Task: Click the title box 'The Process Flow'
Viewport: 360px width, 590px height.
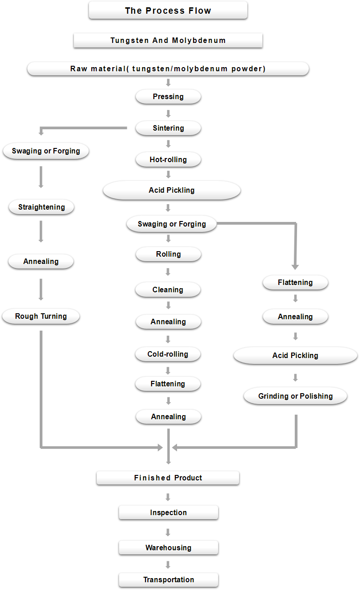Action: coord(168,10)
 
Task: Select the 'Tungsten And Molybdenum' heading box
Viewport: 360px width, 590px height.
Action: coord(168,40)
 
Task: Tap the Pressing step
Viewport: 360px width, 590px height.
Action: coord(168,96)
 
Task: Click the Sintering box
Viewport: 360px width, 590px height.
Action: coord(168,128)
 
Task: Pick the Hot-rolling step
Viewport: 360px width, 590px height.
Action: coord(168,159)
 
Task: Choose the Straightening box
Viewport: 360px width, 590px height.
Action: coord(42,207)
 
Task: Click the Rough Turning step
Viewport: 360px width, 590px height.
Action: coord(41,316)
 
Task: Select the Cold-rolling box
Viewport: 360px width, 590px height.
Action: coord(168,354)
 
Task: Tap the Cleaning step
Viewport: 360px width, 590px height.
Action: coord(168,290)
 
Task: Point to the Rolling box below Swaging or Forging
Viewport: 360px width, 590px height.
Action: coord(168,254)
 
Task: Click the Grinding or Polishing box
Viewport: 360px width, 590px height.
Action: coord(295,396)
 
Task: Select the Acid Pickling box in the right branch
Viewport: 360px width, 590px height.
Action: coord(295,355)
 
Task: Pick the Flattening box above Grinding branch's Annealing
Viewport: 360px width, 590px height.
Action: coord(295,282)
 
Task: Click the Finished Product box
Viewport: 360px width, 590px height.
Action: coord(168,478)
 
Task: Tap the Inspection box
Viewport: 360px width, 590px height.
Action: coord(168,512)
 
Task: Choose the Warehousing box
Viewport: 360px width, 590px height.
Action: coord(168,548)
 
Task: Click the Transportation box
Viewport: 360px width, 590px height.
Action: coord(168,580)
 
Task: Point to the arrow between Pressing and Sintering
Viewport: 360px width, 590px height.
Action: coord(168,114)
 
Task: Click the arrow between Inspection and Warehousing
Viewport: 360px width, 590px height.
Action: coord(168,532)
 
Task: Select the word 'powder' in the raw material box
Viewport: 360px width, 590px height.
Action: coord(247,69)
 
